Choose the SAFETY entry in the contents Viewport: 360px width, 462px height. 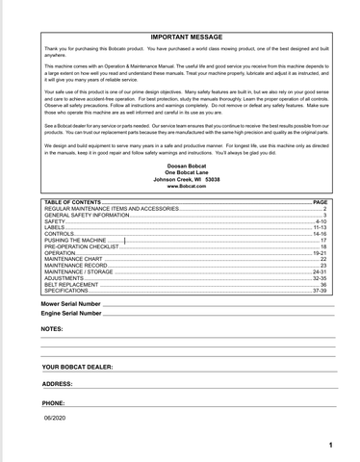tap(55, 220)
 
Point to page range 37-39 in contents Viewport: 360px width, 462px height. tap(321, 291)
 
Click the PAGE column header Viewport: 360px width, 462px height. tap(321, 201)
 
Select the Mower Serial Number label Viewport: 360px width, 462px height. tap(74, 303)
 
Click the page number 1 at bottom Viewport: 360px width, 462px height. tap(329, 446)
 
